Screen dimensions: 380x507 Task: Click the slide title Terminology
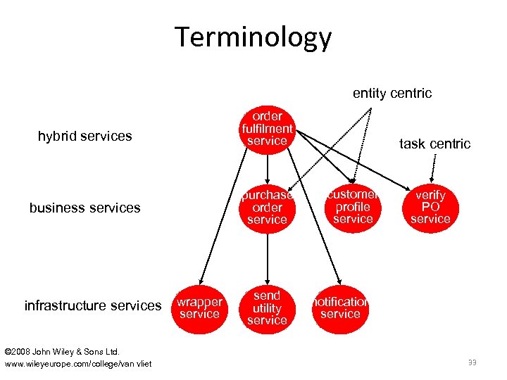tap(254, 37)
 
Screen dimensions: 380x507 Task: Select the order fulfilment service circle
tap(267, 129)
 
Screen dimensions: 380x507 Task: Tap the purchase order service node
tap(267, 208)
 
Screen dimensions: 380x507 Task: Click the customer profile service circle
tap(353, 207)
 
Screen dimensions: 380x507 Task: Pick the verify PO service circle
tap(430, 207)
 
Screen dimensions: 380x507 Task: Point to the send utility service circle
tap(267, 308)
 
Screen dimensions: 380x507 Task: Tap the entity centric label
tap(392, 94)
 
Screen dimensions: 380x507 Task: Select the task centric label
tap(434, 144)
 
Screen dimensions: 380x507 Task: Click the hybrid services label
tap(84, 137)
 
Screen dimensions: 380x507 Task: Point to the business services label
tap(84, 208)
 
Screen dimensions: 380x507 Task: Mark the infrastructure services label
tap(93, 305)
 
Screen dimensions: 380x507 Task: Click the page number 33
tap(471, 362)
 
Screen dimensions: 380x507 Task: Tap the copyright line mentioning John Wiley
tap(62, 351)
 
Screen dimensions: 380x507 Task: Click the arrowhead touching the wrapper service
tap(201, 279)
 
